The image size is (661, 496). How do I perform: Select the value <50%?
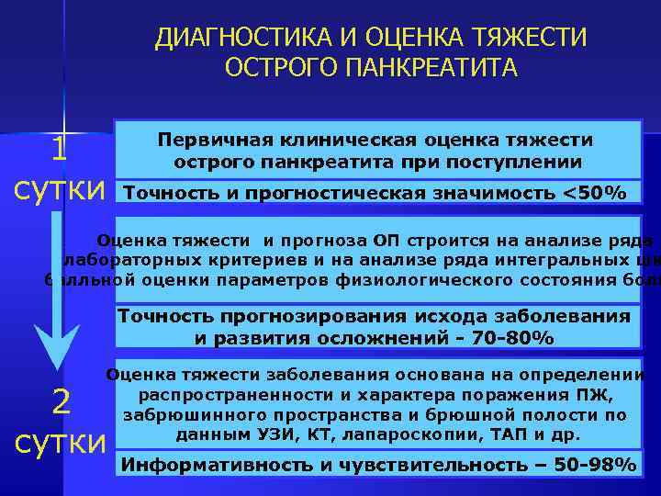(x=594, y=192)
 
